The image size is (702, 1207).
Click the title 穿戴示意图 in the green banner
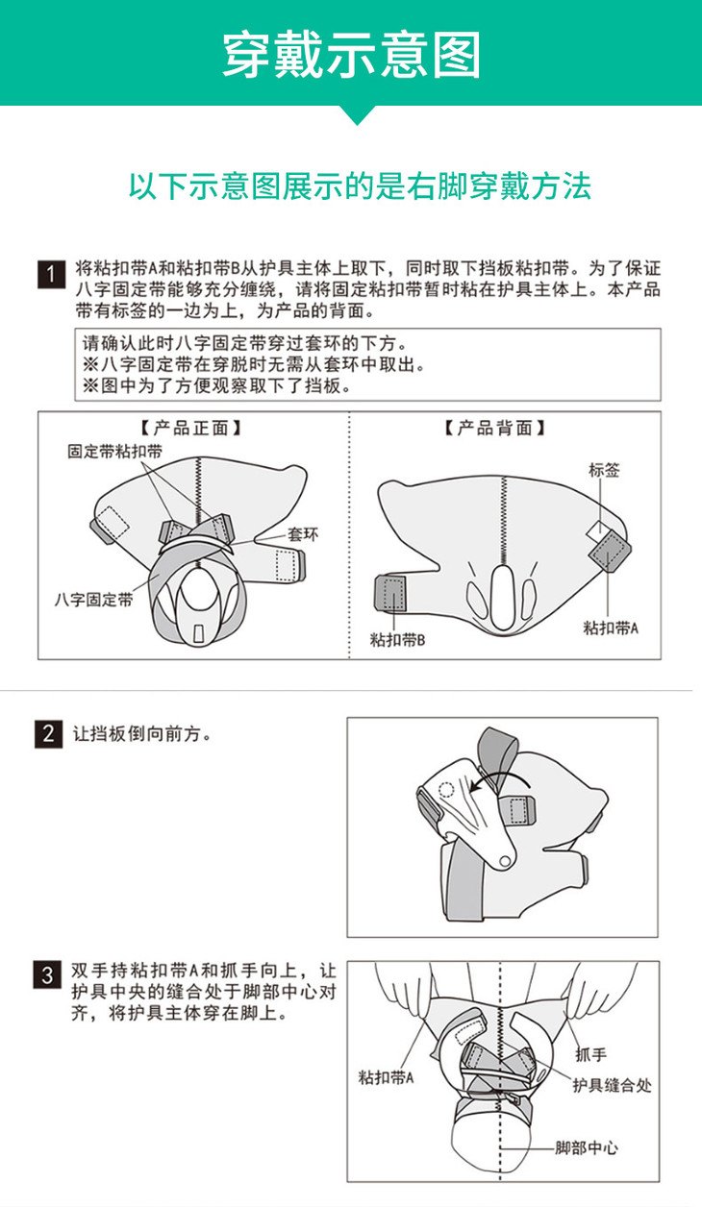pos(351,55)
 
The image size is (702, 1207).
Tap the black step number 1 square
pos(51,274)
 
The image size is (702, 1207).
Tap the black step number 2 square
pos(48,733)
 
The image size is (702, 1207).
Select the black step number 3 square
pos(47,974)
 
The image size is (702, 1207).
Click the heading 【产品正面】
pos(190,429)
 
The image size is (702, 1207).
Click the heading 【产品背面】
pos(494,429)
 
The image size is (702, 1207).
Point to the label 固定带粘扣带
pos(114,452)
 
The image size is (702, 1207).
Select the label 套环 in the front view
pos(303,534)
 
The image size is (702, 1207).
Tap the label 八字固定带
pos(93,600)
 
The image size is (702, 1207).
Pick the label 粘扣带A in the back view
pos(611,628)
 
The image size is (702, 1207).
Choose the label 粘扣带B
pos(397,640)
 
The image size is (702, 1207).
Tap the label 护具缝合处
pos(612,1085)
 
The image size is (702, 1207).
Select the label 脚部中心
pos(587,1147)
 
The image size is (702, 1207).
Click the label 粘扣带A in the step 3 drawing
pos(386,1077)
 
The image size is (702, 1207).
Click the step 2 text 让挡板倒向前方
pos(142,733)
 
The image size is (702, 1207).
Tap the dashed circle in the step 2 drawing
pos(446,790)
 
